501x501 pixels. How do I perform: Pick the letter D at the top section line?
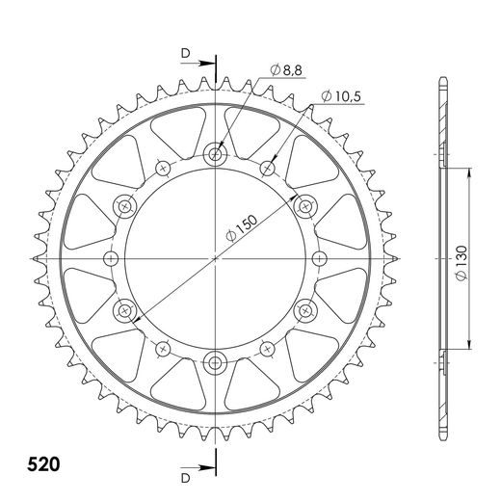(x=185, y=54)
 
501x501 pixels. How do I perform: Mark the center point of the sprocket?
(x=215, y=258)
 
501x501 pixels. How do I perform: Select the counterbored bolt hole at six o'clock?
(x=215, y=362)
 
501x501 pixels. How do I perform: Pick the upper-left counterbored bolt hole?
(x=124, y=206)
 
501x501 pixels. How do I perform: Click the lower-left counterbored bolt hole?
(x=124, y=310)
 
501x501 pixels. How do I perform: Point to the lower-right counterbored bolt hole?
(x=305, y=310)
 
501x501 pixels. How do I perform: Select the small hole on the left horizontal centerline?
(x=111, y=258)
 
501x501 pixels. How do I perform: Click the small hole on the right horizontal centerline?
(x=319, y=258)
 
